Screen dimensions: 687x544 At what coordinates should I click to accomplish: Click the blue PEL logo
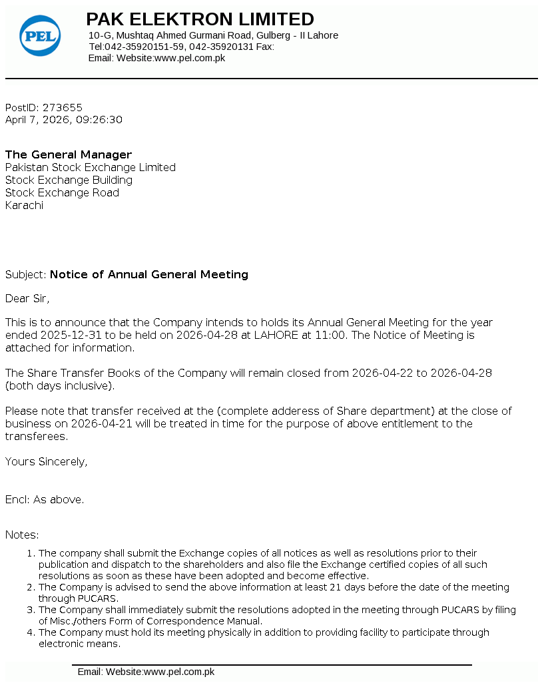point(40,35)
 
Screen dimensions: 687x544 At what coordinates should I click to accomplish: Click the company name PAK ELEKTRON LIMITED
point(200,19)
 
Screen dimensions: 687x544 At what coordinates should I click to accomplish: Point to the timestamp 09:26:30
point(99,120)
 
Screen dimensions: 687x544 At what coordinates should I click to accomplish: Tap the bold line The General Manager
point(69,154)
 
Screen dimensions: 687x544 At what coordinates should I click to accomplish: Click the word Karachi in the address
point(24,205)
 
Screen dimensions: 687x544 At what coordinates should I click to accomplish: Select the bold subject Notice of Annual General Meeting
point(149,274)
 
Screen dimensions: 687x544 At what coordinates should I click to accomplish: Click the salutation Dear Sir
point(27,298)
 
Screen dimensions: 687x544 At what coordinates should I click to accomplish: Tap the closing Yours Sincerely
point(46,461)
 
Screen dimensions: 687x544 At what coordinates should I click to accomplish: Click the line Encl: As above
point(45,499)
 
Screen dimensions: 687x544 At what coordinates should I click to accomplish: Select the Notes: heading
point(22,535)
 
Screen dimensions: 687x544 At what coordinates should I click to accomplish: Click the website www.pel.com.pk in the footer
point(179,672)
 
